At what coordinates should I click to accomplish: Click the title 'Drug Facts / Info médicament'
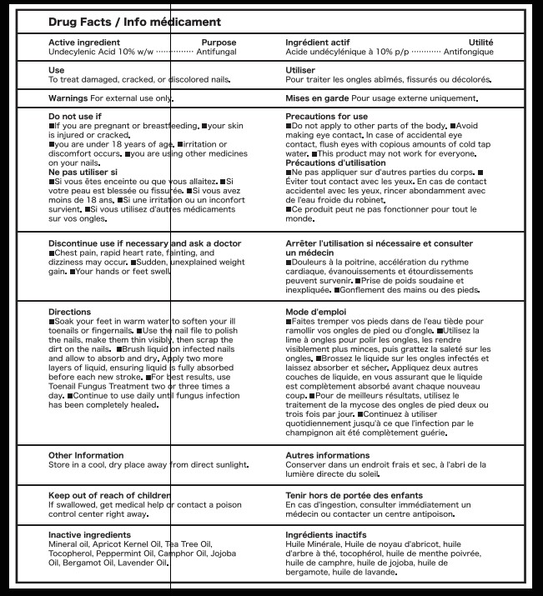[134, 21]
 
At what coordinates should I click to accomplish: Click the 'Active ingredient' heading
[83, 43]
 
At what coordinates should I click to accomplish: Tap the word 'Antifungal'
[216, 52]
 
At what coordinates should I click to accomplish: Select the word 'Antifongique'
[468, 52]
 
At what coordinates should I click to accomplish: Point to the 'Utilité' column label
[480, 43]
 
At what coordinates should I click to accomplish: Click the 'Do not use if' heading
[75, 117]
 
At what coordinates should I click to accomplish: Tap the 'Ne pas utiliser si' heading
[83, 172]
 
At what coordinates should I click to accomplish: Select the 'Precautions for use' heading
[326, 117]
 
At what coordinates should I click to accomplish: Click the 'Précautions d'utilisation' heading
[335, 163]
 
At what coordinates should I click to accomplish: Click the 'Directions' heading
[69, 312]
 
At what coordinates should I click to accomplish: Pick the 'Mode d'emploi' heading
[317, 312]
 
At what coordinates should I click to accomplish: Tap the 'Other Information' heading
[86, 456]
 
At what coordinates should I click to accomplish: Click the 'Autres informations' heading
[327, 456]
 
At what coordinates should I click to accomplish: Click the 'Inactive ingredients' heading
[89, 534]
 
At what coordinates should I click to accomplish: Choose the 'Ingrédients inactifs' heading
[326, 534]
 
